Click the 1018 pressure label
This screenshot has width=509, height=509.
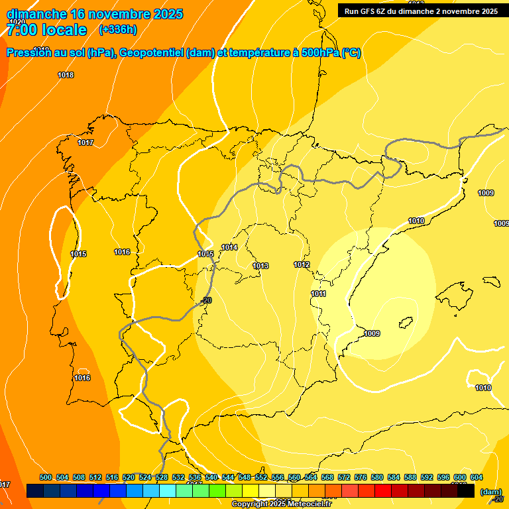tap(66, 75)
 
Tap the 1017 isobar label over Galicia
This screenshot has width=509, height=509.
tap(85, 142)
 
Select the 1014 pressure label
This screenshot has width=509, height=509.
tap(229, 247)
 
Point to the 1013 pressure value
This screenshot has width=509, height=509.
tap(260, 266)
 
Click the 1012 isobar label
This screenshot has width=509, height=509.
tap(302, 264)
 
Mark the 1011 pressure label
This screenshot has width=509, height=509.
tap(318, 294)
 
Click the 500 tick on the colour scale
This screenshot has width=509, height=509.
tap(46, 477)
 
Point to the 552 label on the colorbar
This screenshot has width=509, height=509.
tap(261, 477)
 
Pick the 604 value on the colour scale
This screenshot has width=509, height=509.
tap(476, 477)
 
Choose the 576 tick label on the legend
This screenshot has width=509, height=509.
tap(361, 477)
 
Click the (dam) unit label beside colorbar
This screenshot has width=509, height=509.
tap(490, 492)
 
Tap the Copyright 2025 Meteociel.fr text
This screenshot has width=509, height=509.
tap(281, 504)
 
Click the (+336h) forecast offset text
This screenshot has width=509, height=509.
tap(117, 29)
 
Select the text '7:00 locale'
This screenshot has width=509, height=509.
tap(46, 29)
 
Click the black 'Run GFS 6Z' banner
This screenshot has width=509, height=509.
tap(421, 11)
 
